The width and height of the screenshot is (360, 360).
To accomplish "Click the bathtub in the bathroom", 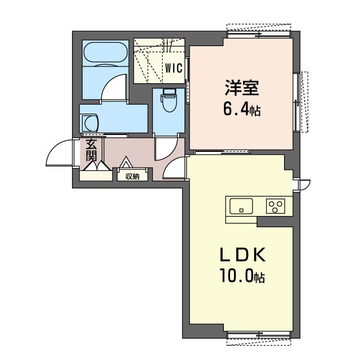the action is (x=105, y=52).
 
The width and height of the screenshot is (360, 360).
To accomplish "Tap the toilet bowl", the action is (x=169, y=103).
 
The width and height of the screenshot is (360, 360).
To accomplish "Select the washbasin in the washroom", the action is (x=91, y=123).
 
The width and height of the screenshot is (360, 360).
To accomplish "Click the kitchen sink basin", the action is (x=241, y=206).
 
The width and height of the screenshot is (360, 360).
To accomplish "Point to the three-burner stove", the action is (x=276, y=206).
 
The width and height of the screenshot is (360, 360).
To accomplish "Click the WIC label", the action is (x=174, y=68).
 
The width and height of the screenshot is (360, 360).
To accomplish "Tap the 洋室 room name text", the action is (x=242, y=88).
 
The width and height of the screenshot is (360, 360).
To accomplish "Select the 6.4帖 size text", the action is (x=242, y=110).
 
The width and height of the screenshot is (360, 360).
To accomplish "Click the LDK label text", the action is (x=242, y=255).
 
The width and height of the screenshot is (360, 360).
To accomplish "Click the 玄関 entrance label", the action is (x=91, y=150).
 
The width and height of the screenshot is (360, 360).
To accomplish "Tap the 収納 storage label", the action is (x=133, y=176).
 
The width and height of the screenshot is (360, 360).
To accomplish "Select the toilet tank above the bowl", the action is (x=169, y=92).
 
